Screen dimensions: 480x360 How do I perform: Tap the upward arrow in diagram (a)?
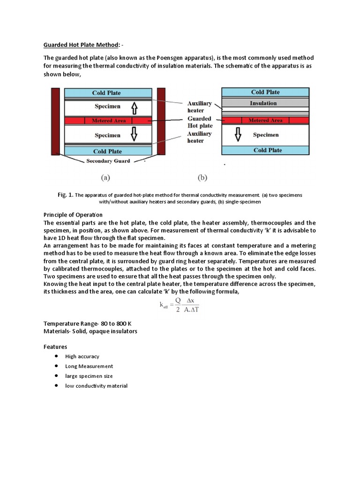click(134, 108)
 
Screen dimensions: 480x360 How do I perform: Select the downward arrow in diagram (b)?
click(238, 135)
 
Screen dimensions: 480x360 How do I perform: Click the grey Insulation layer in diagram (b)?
click(265, 103)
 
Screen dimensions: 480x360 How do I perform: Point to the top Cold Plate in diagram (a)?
click(107, 93)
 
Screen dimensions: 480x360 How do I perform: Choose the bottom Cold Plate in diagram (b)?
click(265, 150)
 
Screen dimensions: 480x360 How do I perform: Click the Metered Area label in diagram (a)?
click(109, 121)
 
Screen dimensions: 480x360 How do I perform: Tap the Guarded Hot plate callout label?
click(200, 122)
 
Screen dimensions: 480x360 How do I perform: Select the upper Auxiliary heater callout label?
click(199, 106)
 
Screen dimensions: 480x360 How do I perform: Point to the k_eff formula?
click(180, 306)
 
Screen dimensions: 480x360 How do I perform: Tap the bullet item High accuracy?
click(82, 356)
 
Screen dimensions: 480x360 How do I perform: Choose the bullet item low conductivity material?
click(96, 386)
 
